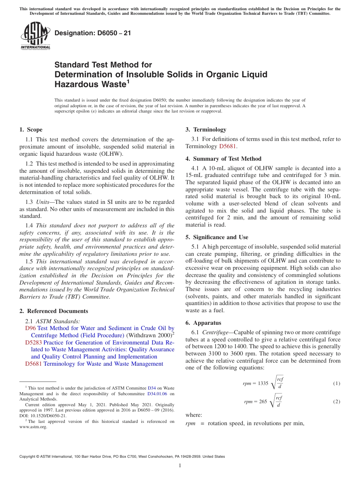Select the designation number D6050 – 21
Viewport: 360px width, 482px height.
pyautogui.click(x=93, y=33)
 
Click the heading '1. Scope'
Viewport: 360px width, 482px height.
pyautogui.click(x=31, y=130)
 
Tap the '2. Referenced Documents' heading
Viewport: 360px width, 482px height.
pyautogui.click(x=53, y=311)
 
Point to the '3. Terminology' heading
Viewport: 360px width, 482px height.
pyautogui.click(x=206, y=130)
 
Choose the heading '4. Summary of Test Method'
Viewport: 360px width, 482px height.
pyautogui.click(x=223, y=159)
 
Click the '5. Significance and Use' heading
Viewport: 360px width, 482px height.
pyautogui.click(x=217, y=237)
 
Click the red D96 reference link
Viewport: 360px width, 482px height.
pyautogui.click(x=30, y=328)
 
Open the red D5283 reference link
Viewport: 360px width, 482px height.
pyautogui.click(x=33, y=343)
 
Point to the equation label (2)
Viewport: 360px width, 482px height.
pyautogui.click(x=337, y=401)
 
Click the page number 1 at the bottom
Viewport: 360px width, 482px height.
pyautogui.click(x=180, y=466)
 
